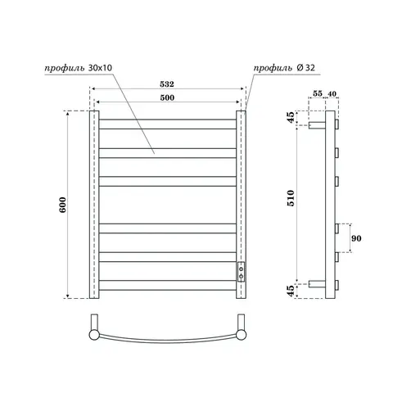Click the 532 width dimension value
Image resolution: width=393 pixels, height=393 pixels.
[167, 84]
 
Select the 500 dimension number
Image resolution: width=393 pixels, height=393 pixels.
[167, 97]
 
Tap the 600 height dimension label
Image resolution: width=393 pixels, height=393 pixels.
[62, 205]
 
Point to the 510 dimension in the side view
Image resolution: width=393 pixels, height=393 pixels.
[291, 198]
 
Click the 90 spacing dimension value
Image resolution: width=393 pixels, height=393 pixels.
[356, 238]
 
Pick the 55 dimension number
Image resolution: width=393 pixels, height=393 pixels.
[318, 93]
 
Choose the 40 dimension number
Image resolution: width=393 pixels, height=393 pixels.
[332, 93]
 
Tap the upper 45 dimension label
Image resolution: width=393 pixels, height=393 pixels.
[291, 117]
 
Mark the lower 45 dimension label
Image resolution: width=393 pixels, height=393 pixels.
[291, 291]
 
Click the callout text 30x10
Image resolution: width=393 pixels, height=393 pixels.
[100, 68]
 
